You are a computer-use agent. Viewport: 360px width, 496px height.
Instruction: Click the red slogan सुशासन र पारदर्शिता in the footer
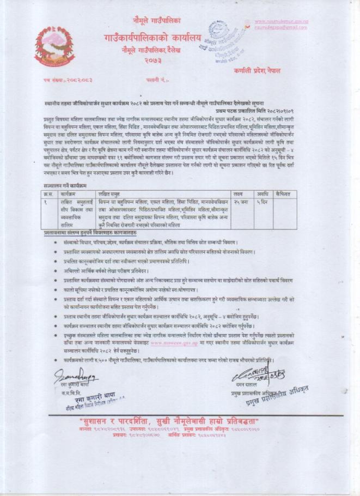180,422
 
